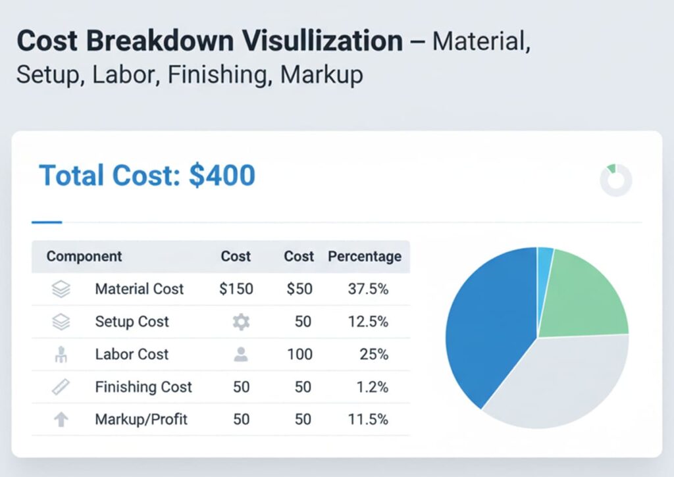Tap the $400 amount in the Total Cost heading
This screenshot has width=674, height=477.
tap(222, 176)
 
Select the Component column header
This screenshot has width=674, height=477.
tap(84, 256)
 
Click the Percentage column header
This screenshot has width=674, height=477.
tap(364, 256)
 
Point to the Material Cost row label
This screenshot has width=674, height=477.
tap(139, 289)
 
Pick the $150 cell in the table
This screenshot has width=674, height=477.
tap(236, 289)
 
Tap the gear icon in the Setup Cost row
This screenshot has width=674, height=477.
tap(241, 322)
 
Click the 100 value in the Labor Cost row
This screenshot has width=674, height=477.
tap(299, 354)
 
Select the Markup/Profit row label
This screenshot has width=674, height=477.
tap(141, 419)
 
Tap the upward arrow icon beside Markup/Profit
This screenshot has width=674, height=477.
tap(61, 419)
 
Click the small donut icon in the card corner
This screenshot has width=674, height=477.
tap(616, 180)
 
